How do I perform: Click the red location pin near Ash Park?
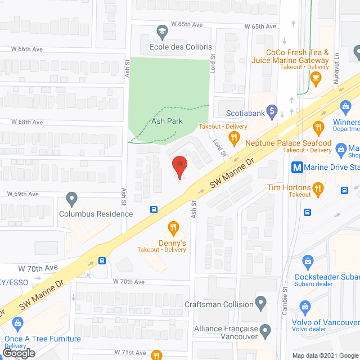point(179,165)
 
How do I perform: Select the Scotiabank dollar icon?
point(272,110)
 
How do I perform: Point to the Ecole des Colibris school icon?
point(161,31)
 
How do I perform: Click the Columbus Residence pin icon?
point(71,199)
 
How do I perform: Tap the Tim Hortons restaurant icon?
point(318,188)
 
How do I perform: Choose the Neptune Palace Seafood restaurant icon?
point(319,128)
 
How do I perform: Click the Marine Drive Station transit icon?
point(296,167)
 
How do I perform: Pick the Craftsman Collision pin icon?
point(260,304)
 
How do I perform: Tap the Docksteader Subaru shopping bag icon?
point(308,261)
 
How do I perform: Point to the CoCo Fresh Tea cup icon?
point(317,76)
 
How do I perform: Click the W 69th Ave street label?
point(23,194)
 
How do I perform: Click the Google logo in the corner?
point(19,353)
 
